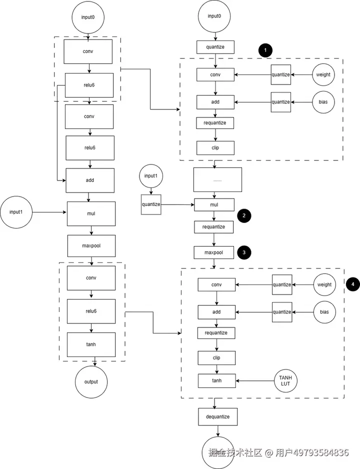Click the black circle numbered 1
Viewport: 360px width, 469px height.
pos(265,50)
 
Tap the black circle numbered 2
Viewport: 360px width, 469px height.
pos(244,215)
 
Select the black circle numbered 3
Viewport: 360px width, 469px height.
pos(244,252)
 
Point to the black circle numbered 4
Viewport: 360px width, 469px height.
pos(352,284)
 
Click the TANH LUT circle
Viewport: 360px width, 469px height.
pos(285,380)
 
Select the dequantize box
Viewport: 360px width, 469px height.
pos(217,416)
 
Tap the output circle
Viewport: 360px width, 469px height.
pos(91,382)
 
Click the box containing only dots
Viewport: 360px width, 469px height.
pos(217,179)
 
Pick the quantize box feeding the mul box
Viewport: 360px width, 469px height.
pos(151,204)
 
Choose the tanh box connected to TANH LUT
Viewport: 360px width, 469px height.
pos(217,380)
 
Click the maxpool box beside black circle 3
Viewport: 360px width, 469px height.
pos(214,252)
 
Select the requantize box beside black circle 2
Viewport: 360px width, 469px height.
pos(214,226)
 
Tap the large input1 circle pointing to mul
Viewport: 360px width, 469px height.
pos(16,212)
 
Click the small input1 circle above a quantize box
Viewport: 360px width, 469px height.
pos(151,176)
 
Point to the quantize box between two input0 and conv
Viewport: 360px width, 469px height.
pos(215,47)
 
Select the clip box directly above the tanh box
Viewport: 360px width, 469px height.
pos(217,357)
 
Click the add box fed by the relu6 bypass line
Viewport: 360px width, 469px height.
pos(90,180)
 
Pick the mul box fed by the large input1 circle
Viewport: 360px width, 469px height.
pos(91,213)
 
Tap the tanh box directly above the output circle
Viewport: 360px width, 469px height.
pos(91,344)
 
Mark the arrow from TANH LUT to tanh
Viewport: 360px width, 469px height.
pos(255,381)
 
